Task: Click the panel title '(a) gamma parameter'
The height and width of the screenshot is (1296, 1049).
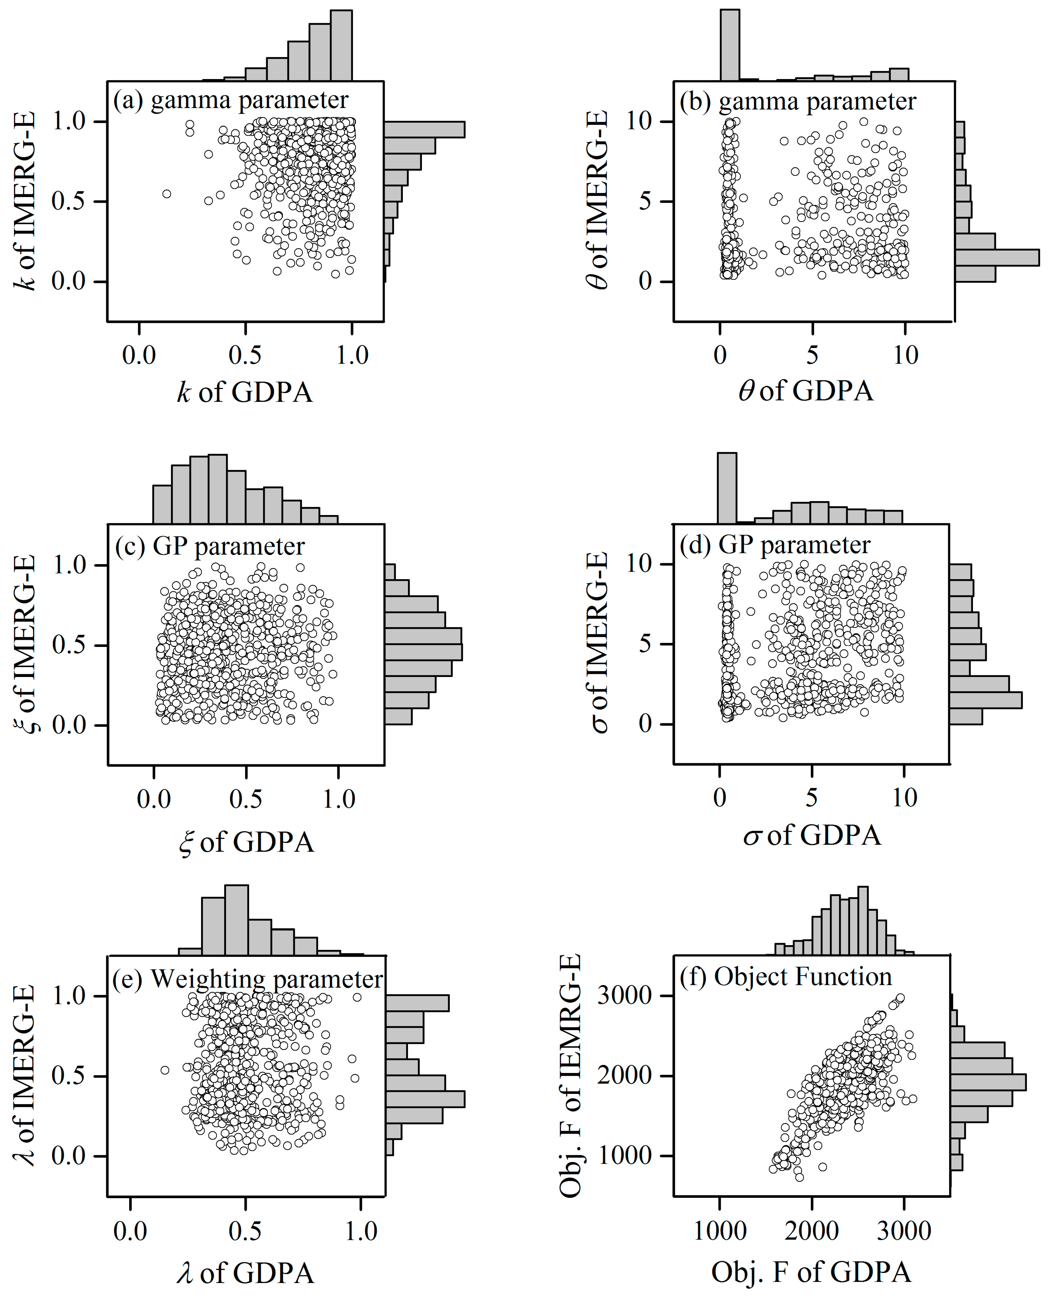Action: tap(231, 100)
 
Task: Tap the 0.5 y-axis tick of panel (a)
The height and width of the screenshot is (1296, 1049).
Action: tap(68, 201)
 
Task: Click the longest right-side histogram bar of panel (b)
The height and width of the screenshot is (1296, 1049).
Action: tap(997, 257)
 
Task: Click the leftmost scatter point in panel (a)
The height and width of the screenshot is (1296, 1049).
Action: tap(167, 193)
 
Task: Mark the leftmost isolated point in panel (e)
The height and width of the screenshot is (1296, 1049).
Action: tap(164, 1070)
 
